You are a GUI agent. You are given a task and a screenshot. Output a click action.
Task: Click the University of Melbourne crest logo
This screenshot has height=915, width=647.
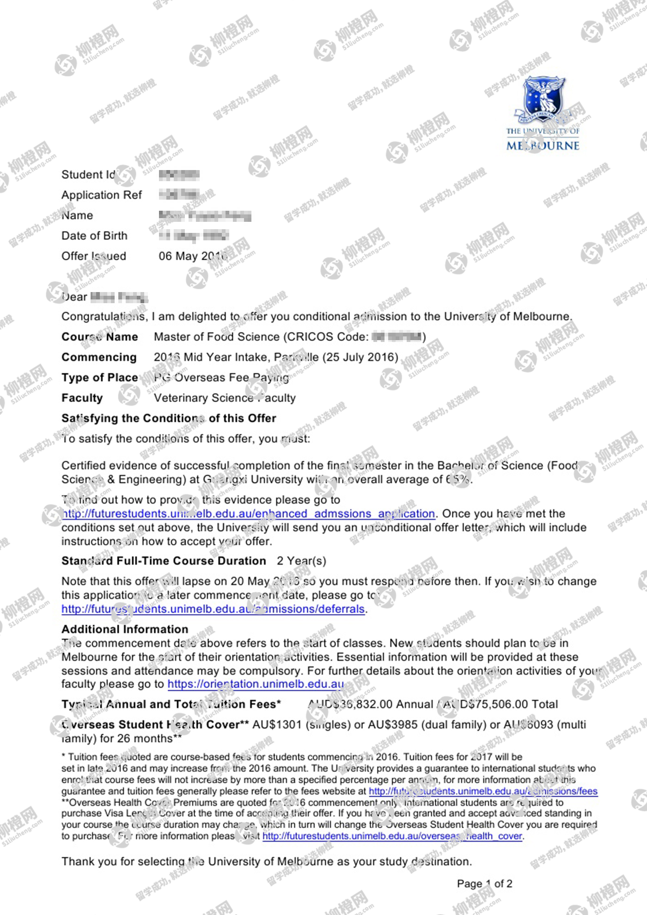[x=543, y=99]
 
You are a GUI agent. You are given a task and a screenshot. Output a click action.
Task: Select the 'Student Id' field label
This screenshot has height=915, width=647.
[x=88, y=175]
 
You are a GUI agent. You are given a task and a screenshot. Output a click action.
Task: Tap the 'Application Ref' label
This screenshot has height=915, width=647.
[x=102, y=195]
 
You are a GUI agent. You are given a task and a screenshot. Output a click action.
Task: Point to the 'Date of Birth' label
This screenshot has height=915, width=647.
[x=94, y=236]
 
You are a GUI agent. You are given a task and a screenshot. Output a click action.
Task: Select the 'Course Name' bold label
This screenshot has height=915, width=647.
[x=99, y=337]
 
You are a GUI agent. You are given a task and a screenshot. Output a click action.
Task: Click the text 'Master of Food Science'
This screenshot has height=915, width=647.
[x=217, y=337]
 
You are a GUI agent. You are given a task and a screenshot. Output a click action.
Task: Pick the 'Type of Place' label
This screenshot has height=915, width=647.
[x=99, y=378]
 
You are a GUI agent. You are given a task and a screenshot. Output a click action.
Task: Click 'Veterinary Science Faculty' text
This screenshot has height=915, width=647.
[x=225, y=398]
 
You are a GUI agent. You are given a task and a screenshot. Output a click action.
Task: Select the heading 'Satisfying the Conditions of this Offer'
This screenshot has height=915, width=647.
[x=169, y=418]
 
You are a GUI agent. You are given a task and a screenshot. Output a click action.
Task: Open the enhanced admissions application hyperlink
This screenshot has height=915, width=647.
[x=249, y=514]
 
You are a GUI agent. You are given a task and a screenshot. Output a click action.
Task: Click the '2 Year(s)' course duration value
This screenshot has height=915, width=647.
[x=301, y=561]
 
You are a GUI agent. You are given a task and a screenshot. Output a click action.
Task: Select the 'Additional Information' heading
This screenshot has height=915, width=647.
[x=125, y=629]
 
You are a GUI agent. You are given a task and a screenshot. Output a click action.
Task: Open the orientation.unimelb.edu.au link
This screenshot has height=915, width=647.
[x=256, y=684]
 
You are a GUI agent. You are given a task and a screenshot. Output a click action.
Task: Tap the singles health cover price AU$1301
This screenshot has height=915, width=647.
[x=277, y=725]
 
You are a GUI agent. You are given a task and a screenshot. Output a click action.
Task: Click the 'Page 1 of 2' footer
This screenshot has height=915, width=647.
[x=484, y=884]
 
